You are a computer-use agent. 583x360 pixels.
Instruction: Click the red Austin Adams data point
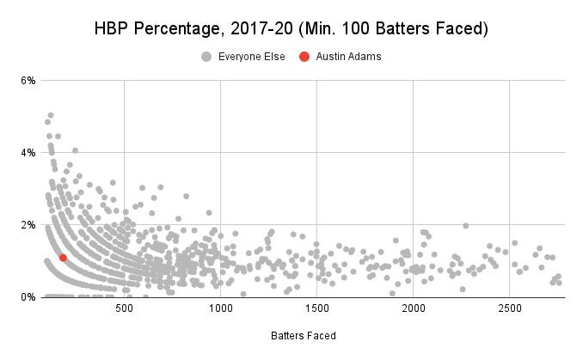[x=63, y=258]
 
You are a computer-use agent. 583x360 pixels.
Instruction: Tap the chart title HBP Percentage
[x=163, y=29]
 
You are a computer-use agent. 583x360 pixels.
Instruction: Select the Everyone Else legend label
[x=249, y=57]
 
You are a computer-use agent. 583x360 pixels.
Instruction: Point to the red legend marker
[x=304, y=57]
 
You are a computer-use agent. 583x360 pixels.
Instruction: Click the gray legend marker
[x=206, y=57]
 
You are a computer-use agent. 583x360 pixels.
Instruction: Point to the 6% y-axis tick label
[x=28, y=81]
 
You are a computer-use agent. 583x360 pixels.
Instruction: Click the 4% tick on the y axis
[x=28, y=153]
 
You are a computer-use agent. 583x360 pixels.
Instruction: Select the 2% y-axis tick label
[x=28, y=225]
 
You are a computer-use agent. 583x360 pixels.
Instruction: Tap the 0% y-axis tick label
[x=28, y=297]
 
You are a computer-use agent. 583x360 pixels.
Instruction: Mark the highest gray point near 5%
[x=51, y=115]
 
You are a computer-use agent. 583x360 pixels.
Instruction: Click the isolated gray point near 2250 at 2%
[x=465, y=226]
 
